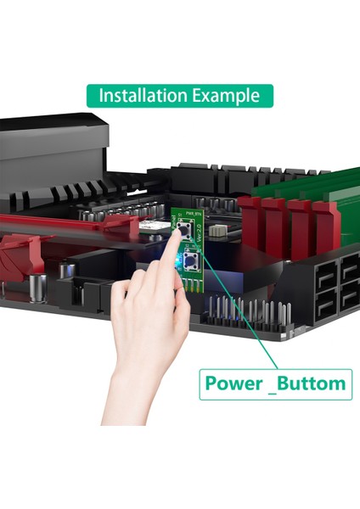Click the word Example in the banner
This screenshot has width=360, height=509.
[228, 95]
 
